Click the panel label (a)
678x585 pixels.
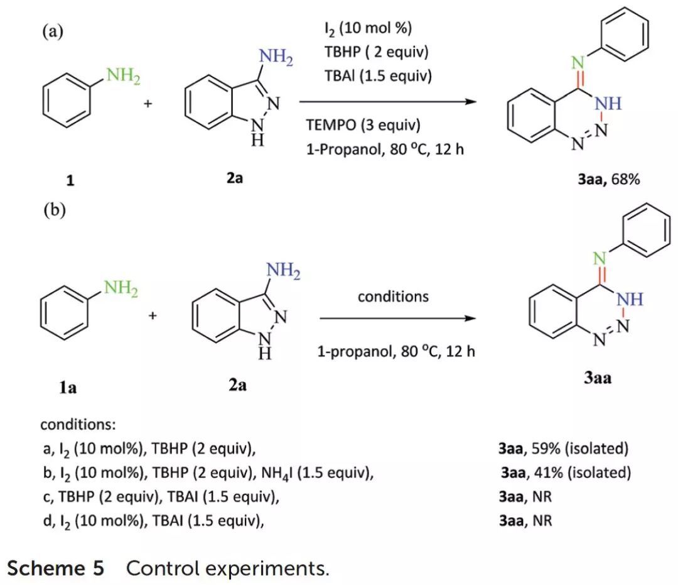(x=53, y=31)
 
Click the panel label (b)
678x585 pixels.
(x=54, y=210)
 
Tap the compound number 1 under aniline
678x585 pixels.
(x=70, y=180)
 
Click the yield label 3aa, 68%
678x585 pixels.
(x=609, y=180)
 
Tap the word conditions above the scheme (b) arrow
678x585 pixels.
(x=393, y=296)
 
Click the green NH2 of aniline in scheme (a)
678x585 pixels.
(x=123, y=77)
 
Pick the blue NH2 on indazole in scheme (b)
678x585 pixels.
(x=283, y=272)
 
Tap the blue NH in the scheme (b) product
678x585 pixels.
(x=630, y=300)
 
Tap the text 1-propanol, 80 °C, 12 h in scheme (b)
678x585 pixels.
(x=395, y=351)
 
